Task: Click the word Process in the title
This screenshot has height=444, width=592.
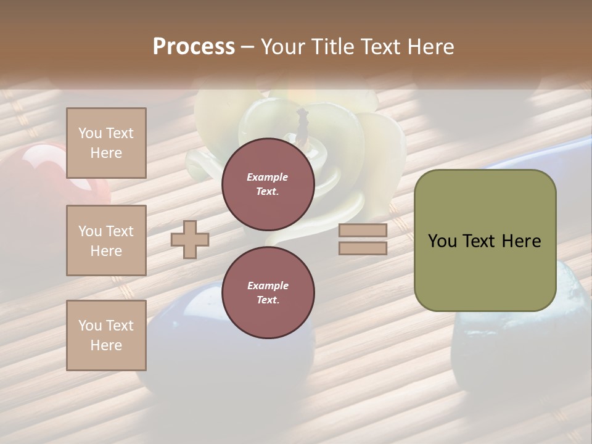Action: tap(194, 47)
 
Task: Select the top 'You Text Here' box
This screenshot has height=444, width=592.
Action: tap(106, 143)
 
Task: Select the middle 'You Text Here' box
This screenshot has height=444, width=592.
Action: tap(106, 240)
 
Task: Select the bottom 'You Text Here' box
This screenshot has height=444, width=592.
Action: tap(106, 335)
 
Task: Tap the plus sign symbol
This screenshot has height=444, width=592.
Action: tap(190, 239)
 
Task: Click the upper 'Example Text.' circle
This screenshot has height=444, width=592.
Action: tap(268, 184)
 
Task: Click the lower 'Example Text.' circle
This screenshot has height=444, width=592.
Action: tap(268, 292)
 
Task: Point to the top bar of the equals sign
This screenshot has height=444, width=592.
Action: tap(363, 231)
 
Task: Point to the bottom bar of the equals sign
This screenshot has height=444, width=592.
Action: tap(363, 248)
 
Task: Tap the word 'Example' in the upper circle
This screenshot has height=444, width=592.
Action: tap(267, 177)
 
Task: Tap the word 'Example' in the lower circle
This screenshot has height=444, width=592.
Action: tap(268, 286)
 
